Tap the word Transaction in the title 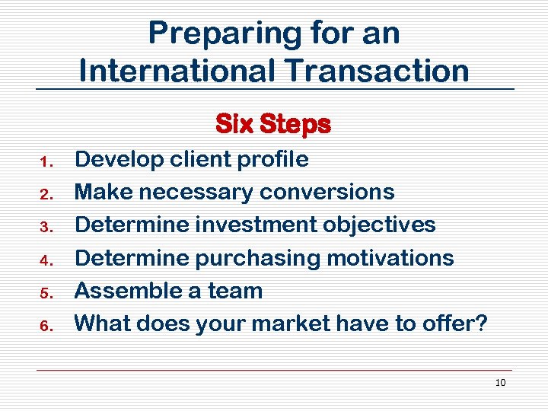pyautogui.click(x=378, y=71)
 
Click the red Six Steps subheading pyautogui.click(x=273, y=124)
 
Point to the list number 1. pyautogui.click(x=45, y=161)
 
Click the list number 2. pyautogui.click(x=45, y=194)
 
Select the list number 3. pyautogui.click(x=45, y=227)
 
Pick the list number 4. pyautogui.click(x=45, y=260)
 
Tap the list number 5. pyautogui.click(x=45, y=292)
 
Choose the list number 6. pyautogui.click(x=45, y=326)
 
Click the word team pyautogui.click(x=237, y=291)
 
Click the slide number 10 pyautogui.click(x=500, y=383)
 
